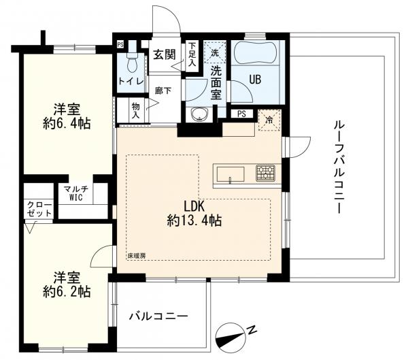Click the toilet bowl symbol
[x=133, y=60]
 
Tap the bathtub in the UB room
[x=255, y=52]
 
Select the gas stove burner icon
[x=266, y=173]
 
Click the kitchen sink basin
[x=231, y=174]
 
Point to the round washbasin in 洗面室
[x=199, y=114]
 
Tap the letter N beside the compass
[x=252, y=331]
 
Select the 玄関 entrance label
[x=165, y=54]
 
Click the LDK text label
[x=194, y=206]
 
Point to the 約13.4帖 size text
[x=194, y=221]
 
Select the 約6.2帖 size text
[x=67, y=292]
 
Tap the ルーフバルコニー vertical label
[x=339, y=167]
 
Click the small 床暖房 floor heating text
[x=137, y=256]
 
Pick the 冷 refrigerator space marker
[x=269, y=120]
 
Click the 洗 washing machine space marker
[x=215, y=53]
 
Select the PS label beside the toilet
[x=120, y=45]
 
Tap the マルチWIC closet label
[x=76, y=193]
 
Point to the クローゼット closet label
[x=40, y=209]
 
